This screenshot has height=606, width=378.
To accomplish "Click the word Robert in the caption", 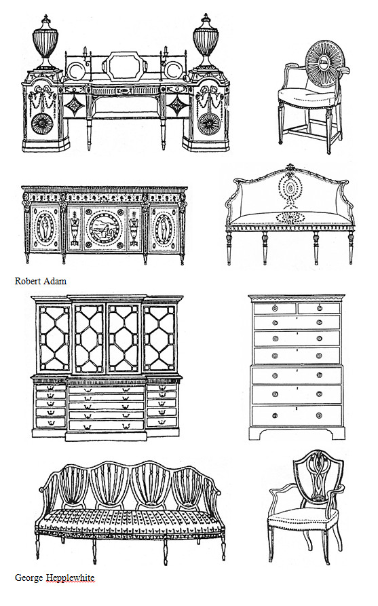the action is (x=26, y=281).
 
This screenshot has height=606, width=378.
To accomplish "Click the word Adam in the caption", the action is (x=54, y=281).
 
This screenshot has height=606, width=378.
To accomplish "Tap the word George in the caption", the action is (x=29, y=578).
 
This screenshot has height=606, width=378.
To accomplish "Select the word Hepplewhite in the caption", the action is (x=70, y=578).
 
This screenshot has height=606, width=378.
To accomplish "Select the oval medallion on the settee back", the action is (x=290, y=189).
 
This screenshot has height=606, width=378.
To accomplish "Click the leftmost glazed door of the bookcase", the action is (x=54, y=338).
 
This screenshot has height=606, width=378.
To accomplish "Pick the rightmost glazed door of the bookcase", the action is (x=159, y=338).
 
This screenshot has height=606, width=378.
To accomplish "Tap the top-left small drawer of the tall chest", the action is (x=274, y=308).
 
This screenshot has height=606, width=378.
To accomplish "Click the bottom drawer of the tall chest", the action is (x=297, y=415).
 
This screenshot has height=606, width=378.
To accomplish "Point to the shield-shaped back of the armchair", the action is (x=318, y=478).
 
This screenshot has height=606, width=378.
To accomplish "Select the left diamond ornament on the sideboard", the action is (x=73, y=105).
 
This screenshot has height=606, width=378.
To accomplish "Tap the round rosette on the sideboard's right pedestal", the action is (x=209, y=124).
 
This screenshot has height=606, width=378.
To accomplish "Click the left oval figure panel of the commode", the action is (x=45, y=228).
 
